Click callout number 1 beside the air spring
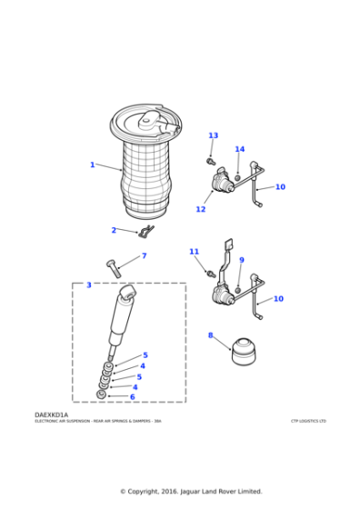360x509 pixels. [x=92, y=165]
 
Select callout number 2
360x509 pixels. [x=114, y=230]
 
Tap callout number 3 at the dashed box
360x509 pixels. [x=88, y=285]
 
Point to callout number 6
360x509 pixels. [x=132, y=396]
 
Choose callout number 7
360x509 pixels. [x=144, y=256]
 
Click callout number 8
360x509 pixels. [x=210, y=335]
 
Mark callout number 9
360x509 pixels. [x=242, y=261]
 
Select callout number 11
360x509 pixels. [x=194, y=251]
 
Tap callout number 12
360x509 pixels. [x=200, y=209]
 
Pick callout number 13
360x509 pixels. [x=213, y=135]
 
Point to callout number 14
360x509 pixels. [x=240, y=149]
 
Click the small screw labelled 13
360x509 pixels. [x=210, y=160]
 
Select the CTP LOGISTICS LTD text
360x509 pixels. [x=308, y=421]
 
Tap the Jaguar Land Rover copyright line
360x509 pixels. [x=191, y=491]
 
